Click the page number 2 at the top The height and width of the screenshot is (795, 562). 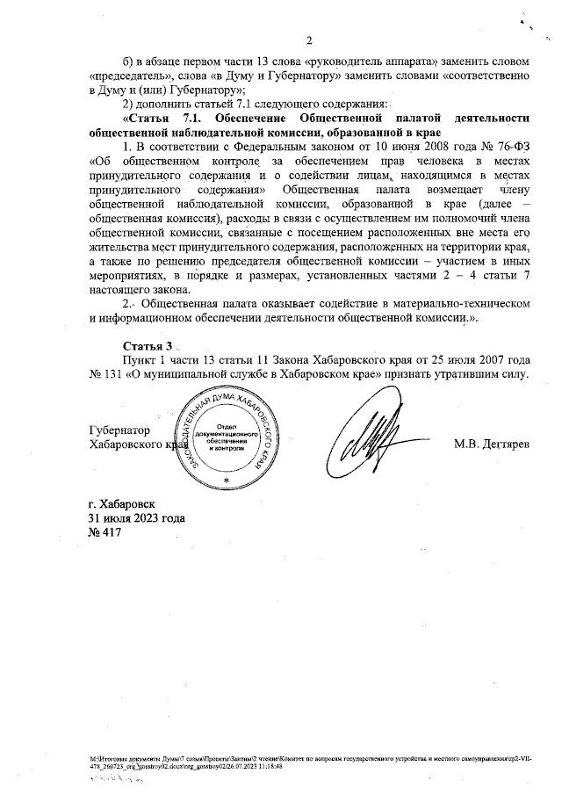[309, 40]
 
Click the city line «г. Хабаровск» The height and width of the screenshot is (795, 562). [121, 507]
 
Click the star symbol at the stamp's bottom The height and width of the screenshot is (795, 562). [227, 482]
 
